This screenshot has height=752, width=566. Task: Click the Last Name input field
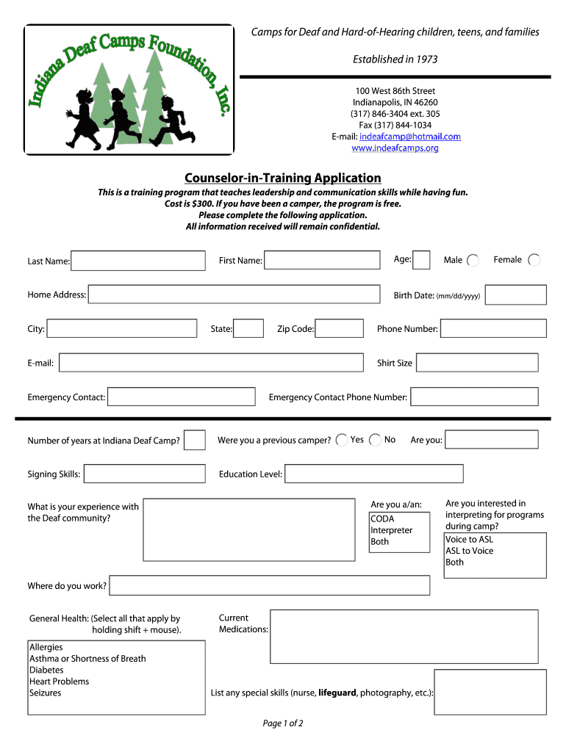pos(138,261)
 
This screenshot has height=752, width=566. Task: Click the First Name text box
pos(323,261)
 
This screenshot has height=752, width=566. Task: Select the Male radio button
pos(473,261)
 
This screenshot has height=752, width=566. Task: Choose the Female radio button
pos(534,260)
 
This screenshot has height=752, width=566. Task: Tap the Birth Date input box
pos(515,295)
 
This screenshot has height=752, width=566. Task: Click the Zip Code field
pos(339,328)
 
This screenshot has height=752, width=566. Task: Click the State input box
pos(248,328)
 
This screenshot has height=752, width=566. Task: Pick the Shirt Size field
pos(476,363)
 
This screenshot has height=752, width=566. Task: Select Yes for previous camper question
pos(342,440)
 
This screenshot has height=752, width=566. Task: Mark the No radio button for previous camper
pos(375,440)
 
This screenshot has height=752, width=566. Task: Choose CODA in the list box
pos(382,519)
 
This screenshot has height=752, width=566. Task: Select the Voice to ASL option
pos(470,540)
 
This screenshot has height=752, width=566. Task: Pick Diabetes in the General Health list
pos(46,670)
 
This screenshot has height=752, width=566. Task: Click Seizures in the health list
pos(46,693)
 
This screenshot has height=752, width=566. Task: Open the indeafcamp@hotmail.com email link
pos(409,137)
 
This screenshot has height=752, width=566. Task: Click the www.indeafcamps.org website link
pos(395,148)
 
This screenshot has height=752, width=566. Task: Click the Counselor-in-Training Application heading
pos(282,178)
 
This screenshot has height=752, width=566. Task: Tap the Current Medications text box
pos(409,631)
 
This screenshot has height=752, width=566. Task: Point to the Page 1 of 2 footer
pos(283,723)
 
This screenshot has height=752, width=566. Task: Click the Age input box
pos(422,260)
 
